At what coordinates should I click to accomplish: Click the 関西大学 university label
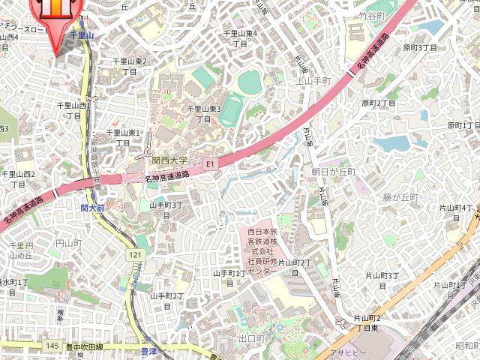point(169,160)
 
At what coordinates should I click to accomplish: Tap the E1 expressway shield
point(210,163)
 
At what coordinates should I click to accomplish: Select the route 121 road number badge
point(135,256)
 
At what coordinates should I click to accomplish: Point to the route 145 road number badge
point(52,345)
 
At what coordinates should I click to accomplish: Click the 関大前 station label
point(93,207)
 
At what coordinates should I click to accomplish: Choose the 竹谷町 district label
point(371,14)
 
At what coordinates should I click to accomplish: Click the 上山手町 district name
point(313,80)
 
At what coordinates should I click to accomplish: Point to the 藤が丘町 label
point(399,197)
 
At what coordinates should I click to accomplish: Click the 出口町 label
point(251,339)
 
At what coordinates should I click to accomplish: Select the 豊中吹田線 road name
point(93,347)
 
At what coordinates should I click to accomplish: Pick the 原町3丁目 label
point(419,47)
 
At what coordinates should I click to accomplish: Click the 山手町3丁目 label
point(166,209)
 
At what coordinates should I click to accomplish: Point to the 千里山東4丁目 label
point(241,38)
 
